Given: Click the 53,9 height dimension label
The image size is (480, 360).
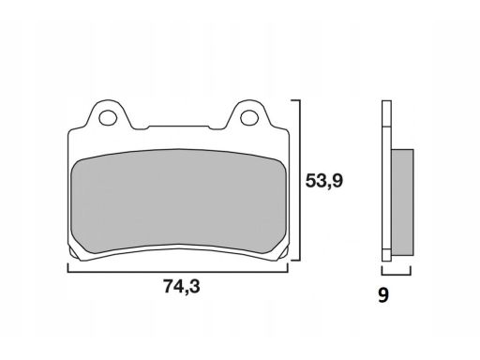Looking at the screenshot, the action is pos(324,181).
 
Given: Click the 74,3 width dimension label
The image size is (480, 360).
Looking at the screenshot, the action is pos(182,286).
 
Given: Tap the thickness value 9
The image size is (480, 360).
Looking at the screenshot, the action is pos(383,295).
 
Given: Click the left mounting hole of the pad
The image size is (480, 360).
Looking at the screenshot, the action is pos(108,117).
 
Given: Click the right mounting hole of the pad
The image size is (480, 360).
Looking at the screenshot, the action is pos(249,117).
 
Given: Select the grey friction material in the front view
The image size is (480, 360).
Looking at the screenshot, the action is pos(178,201).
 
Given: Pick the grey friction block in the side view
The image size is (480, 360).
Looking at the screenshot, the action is pos(402,202).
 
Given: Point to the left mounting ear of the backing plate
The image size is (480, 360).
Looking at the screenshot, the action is pos(108,114).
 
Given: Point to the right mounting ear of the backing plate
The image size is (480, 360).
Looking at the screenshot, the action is pos(249,114).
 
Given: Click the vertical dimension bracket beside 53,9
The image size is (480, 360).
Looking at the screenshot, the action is pos(300,180).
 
